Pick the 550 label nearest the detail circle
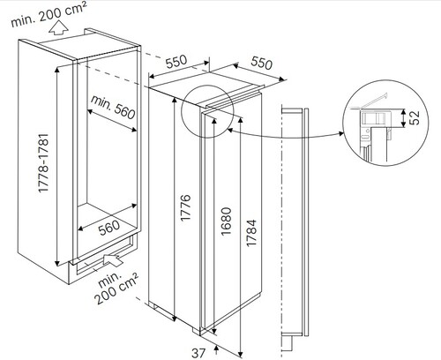point(260,64)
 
